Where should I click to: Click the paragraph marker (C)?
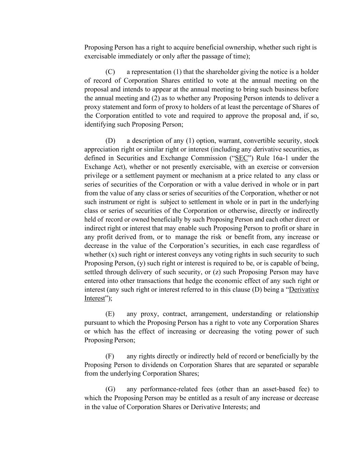[x=110, y=72]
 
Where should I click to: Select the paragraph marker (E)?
[x=110, y=314]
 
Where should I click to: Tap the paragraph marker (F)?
[x=110, y=356]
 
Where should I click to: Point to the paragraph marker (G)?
[x=110, y=390]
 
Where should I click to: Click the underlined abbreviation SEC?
[x=242, y=158]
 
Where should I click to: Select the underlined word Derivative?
[x=304, y=290]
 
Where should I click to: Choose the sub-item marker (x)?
[x=113, y=255]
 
